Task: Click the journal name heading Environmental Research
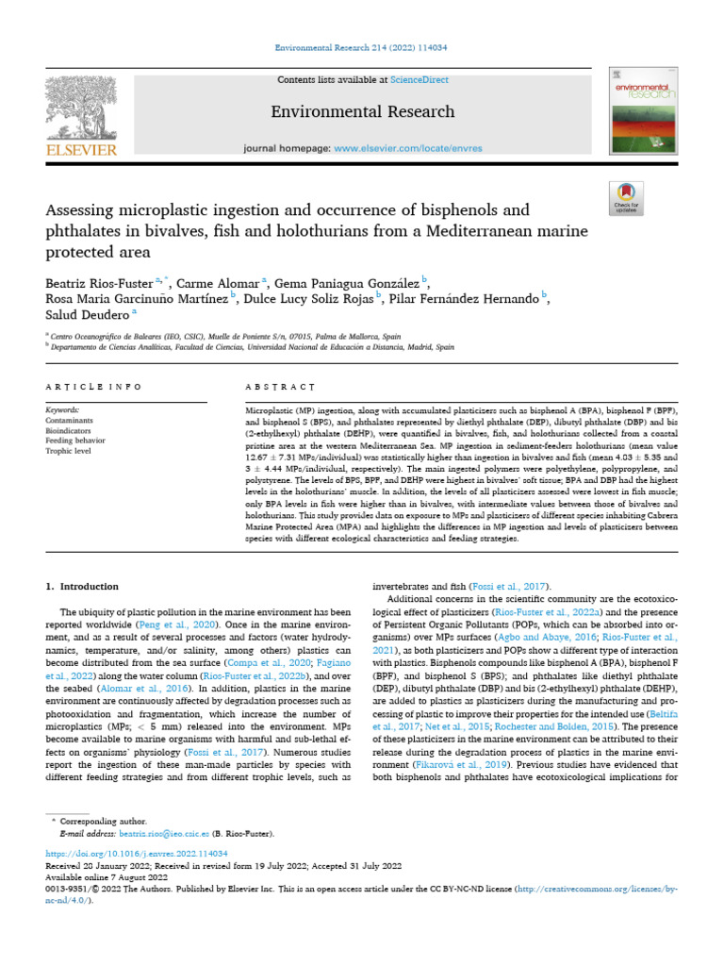click(x=362, y=111)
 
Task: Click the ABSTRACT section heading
click(x=280, y=387)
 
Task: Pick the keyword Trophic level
click(x=69, y=452)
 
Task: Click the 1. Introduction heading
click(x=83, y=586)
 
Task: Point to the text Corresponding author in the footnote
click(x=103, y=822)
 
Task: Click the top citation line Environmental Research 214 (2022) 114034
click(x=362, y=47)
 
